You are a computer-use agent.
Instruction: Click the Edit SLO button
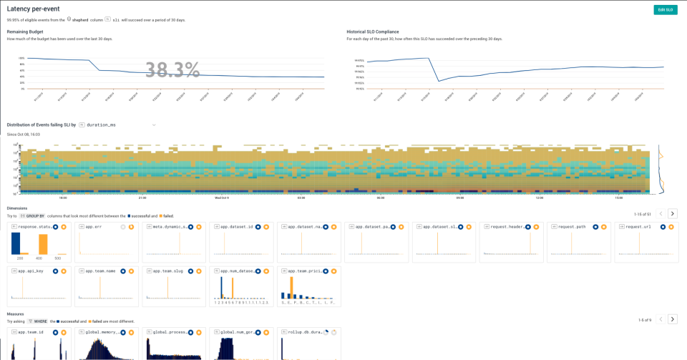click(x=665, y=9)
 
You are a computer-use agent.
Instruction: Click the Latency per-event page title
click(x=34, y=9)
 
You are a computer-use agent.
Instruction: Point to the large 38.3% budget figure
click(x=172, y=69)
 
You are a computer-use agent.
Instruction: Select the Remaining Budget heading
click(x=26, y=31)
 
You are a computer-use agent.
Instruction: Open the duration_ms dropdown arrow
click(x=154, y=125)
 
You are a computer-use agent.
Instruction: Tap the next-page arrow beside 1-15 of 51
click(x=672, y=213)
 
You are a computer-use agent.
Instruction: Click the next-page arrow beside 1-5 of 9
click(x=672, y=319)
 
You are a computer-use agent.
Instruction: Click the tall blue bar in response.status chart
click(x=16, y=243)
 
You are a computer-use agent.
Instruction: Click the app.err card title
click(x=94, y=227)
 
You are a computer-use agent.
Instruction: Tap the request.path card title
click(x=571, y=227)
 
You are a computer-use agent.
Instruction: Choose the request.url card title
click(x=638, y=227)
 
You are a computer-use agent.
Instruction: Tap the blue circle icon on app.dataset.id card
click(x=258, y=227)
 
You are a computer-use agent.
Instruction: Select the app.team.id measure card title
click(x=31, y=332)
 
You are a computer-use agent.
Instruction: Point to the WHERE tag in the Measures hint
click(x=38, y=321)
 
